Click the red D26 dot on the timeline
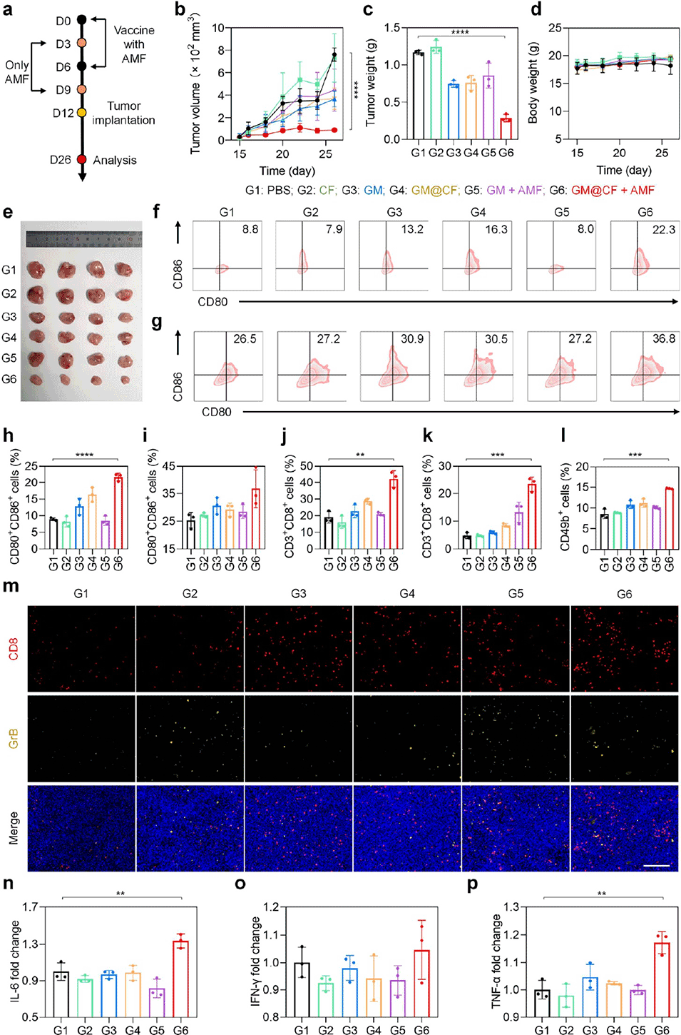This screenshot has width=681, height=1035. click(x=81, y=159)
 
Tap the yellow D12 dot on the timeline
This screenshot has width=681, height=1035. click(x=81, y=113)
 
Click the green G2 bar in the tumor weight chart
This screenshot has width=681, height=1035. click(x=436, y=93)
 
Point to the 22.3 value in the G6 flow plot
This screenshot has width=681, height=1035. click(x=663, y=230)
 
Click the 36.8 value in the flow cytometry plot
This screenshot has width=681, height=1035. click(x=663, y=339)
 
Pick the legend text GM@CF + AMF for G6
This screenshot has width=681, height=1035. click(x=613, y=190)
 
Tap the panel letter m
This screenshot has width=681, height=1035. click(x=11, y=587)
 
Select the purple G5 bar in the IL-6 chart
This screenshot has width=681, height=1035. click(x=157, y=1002)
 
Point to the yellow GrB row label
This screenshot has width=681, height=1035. click(x=14, y=738)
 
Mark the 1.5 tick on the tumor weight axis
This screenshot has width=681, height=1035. click(x=391, y=28)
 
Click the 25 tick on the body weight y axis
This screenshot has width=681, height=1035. click(x=554, y=28)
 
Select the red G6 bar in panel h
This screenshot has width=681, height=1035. click(x=118, y=512)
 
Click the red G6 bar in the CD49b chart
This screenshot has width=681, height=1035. click(x=669, y=519)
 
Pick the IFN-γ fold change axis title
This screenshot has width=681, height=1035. click(x=256, y=961)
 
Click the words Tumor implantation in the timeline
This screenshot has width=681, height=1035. click(x=123, y=113)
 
